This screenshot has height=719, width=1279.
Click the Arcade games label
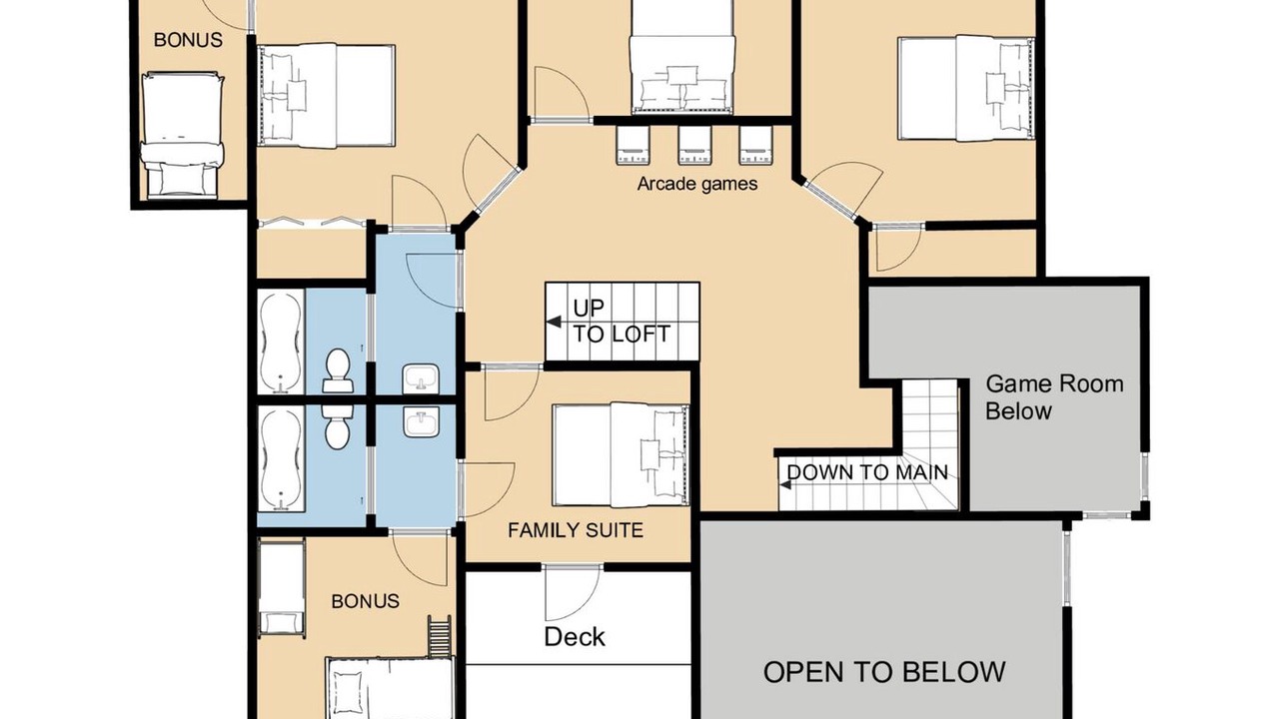[x=697, y=184]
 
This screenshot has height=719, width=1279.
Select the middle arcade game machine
[x=694, y=145]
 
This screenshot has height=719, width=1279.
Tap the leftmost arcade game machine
[x=633, y=145]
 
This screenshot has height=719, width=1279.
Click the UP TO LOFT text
[x=622, y=322]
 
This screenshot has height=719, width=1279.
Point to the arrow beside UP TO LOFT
[x=554, y=322]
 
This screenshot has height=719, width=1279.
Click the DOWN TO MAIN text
[x=867, y=472]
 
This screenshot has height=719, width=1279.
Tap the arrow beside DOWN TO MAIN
[x=785, y=485]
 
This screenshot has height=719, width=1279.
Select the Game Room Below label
[x=1054, y=397]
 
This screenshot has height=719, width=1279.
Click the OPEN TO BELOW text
[x=884, y=672]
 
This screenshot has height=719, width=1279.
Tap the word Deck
[x=575, y=637]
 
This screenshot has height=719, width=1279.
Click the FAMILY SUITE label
[x=576, y=530]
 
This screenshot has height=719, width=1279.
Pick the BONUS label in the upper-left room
[x=189, y=40]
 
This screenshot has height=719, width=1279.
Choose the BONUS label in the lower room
[x=366, y=601]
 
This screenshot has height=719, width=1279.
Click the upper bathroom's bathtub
[x=281, y=342]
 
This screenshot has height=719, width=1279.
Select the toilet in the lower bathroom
[x=337, y=426]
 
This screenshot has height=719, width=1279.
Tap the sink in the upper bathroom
[x=422, y=378]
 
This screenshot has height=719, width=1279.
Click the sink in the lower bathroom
[x=422, y=422]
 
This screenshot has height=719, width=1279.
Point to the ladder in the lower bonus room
[x=440, y=637]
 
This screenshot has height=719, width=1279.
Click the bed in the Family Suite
[x=621, y=455]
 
